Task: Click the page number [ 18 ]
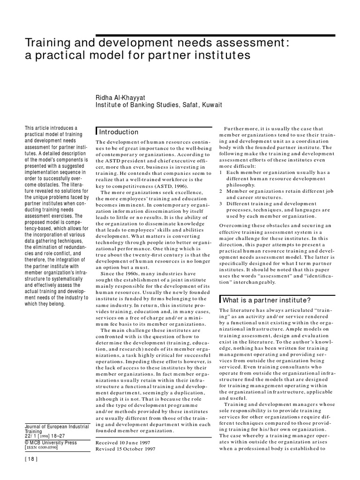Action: (30, 472)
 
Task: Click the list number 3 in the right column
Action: (221, 203)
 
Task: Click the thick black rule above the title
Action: (216, 35)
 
